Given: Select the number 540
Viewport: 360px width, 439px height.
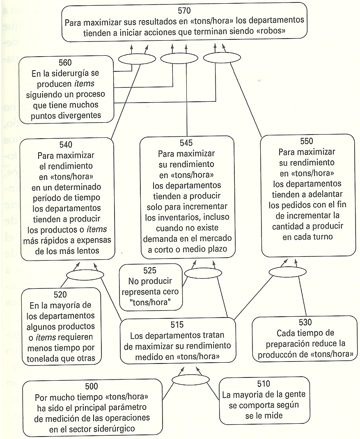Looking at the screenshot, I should [x=66, y=144].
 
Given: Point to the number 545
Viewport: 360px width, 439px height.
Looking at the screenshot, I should [x=186, y=143].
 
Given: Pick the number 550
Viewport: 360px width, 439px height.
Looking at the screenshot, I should [x=307, y=141].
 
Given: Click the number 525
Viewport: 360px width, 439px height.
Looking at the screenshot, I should [x=151, y=271].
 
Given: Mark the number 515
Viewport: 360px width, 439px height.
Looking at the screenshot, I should [x=177, y=325].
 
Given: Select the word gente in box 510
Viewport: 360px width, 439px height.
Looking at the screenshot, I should [x=292, y=395].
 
